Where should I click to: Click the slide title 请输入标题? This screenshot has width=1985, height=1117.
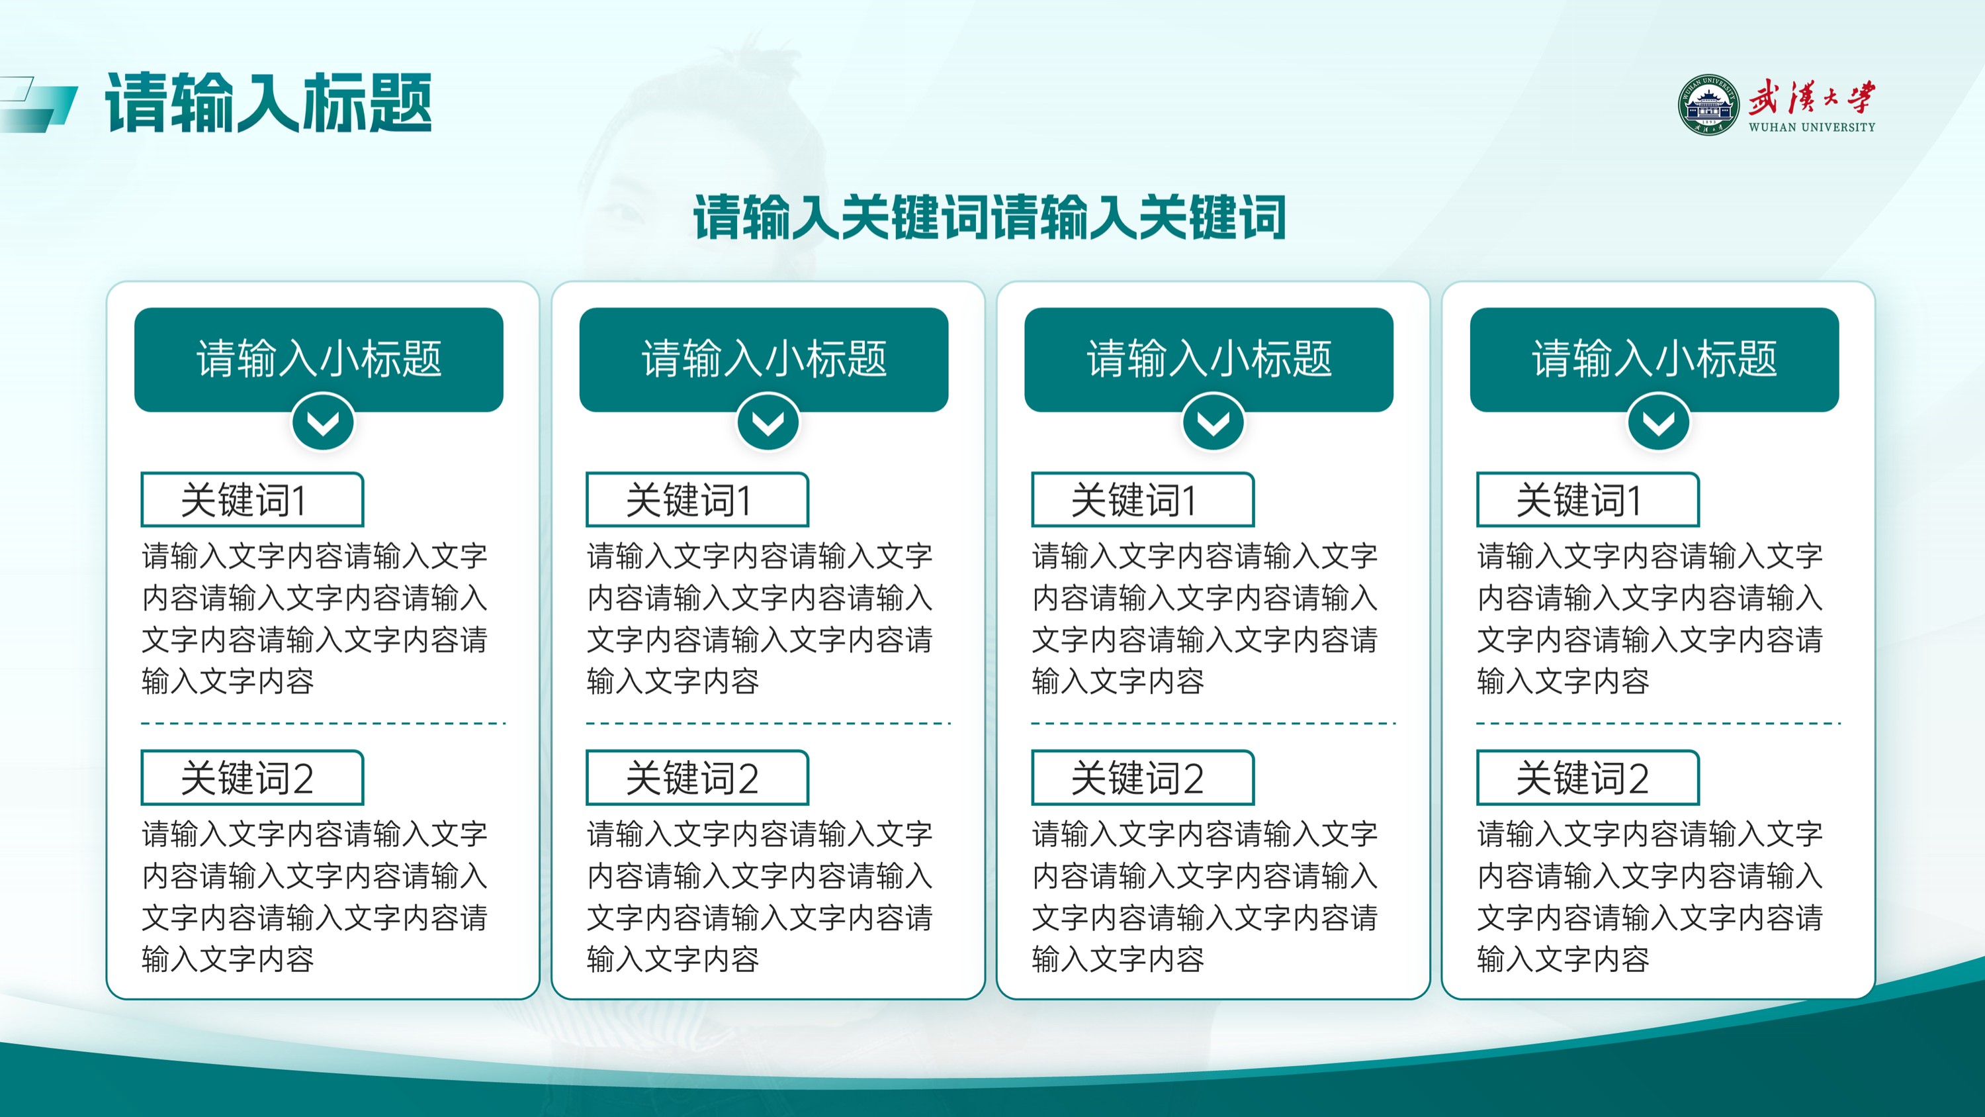tap(268, 103)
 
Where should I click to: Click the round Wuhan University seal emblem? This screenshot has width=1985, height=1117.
tap(1708, 106)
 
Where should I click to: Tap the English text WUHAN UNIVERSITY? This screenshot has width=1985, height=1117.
tap(1812, 127)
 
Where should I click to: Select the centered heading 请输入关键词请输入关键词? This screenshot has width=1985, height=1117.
tap(989, 217)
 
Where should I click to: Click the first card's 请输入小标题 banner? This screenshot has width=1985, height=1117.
tap(319, 360)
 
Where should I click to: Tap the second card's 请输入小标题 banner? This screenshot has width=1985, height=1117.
tap(764, 360)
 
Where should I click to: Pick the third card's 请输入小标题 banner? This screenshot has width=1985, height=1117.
tap(1209, 360)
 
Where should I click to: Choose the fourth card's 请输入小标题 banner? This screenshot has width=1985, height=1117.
tap(1654, 360)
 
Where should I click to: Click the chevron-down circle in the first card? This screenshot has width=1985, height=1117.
tap(323, 422)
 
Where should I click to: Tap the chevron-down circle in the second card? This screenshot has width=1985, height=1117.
tap(768, 422)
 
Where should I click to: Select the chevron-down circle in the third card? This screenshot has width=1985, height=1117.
tap(1213, 422)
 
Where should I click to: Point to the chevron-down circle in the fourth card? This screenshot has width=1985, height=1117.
tap(1658, 422)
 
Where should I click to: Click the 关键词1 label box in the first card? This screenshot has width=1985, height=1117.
tap(252, 499)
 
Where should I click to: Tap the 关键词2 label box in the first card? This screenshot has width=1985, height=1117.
tap(252, 778)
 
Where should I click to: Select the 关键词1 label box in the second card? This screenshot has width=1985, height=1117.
tap(697, 499)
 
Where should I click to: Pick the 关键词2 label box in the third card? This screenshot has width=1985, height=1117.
tap(1143, 778)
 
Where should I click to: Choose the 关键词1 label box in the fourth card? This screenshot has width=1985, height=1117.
tap(1588, 499)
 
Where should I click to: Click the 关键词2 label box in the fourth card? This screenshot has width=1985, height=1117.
tap(1588, 778)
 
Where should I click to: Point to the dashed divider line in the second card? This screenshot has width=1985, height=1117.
tap(768, 723)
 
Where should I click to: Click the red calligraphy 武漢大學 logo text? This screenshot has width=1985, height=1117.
tap(1812, 97)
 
